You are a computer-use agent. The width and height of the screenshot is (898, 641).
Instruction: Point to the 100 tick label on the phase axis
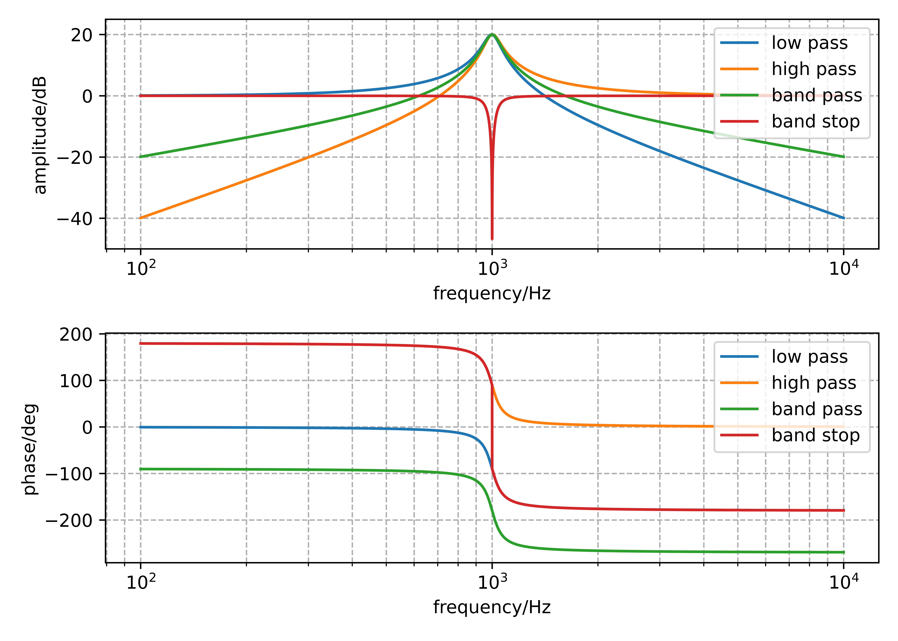[x=76, y=381]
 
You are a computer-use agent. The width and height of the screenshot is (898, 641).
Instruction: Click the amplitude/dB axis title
[x=40, y=135]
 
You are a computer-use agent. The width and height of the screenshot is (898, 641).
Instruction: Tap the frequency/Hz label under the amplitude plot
[x=492, y=294]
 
